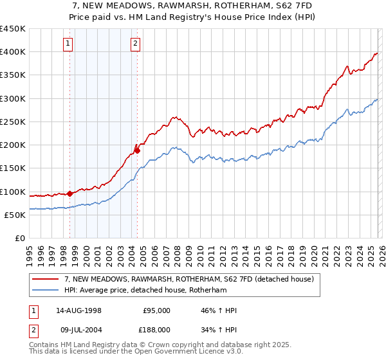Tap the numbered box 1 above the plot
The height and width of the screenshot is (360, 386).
click(68, 44)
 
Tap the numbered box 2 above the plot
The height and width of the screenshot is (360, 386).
click(136, 44)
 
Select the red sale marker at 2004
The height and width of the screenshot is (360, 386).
click(137, 150)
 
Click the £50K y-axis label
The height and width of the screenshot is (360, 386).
click(15, 215)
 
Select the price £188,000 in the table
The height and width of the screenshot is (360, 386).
click(156, 329)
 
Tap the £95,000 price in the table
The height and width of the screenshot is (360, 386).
click(156, 310)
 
